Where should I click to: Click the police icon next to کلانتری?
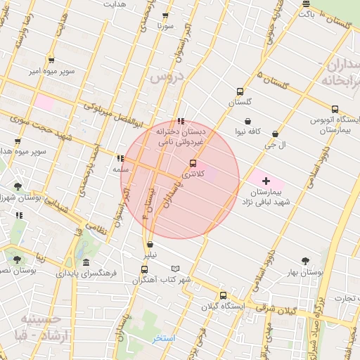pyautogui.click(x=193, y=163)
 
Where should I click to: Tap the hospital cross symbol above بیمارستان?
pyautogui.click(x=266, y=181)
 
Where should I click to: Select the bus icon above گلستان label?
pyautogui.click(x=240, y=91)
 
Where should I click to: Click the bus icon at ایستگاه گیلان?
pyautogui.click(x=224, y=295)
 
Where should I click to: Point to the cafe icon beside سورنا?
pyautogui.click(x=166, y=15)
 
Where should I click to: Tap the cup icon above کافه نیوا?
pyautogui.click(x=247, y=121)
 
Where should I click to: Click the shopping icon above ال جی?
pyautogui.click(x=274, y=134)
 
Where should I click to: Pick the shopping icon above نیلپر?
pyautogui.click(x=150, y=245)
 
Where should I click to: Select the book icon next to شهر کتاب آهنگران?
pyautogui.click(x=175, y=269)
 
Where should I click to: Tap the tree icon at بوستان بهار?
pyautogui.click(x=304, y=261)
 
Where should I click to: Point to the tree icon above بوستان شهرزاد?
pyautogui.click(x=18, y=186)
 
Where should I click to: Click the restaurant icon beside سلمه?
pyautogui.click(x=120, y=158)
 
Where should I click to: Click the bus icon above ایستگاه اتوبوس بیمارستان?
pyautogui.click(x=335, y=109)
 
